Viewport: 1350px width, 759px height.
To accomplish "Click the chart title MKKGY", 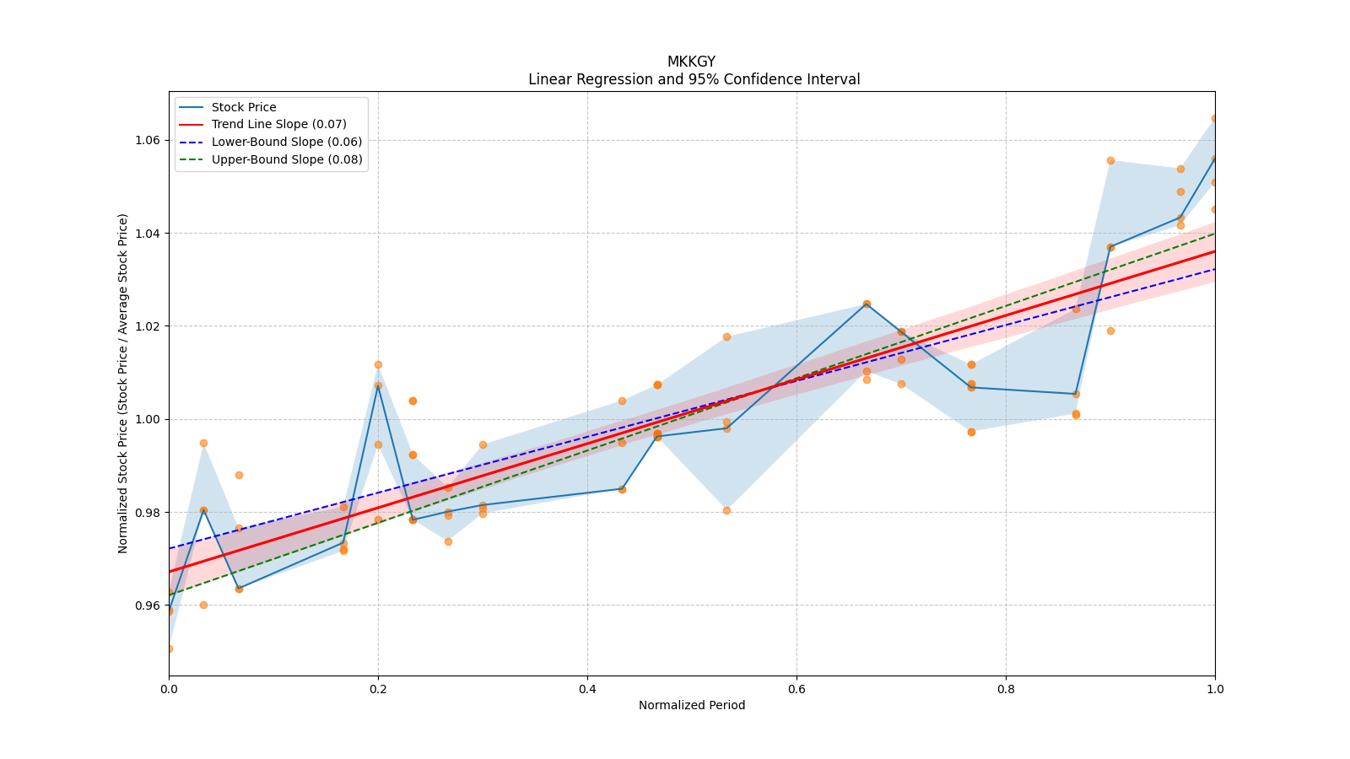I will (x=691, y=62).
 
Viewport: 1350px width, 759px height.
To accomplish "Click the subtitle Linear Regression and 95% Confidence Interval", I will (x=694, y=79).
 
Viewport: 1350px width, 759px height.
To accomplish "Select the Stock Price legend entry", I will (x=244, y=107).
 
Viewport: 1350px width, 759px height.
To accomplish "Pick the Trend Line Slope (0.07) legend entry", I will (x=278, y=124).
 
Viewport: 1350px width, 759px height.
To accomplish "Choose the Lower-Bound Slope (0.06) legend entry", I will (x=286, y=142).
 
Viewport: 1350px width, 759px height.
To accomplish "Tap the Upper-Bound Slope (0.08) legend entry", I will (x=287, y=159).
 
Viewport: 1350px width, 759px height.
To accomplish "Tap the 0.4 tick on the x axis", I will (x=587, y=689).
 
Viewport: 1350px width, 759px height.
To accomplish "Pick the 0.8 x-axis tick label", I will (x=1006, y=689).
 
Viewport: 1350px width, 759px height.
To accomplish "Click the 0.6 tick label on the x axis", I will (x=796, y=689).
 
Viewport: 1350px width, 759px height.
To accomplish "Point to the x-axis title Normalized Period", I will (x=692, y=705).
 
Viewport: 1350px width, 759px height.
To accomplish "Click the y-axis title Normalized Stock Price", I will (x=123, y=383).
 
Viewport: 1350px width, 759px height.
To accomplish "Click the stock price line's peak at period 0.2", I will (x=378, y=385).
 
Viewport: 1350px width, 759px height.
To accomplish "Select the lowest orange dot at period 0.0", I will (x=170, y=649).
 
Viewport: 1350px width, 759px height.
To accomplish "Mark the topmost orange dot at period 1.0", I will (x=1214, y=118).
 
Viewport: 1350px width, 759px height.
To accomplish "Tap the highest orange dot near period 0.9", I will (x=1110, y=160).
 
